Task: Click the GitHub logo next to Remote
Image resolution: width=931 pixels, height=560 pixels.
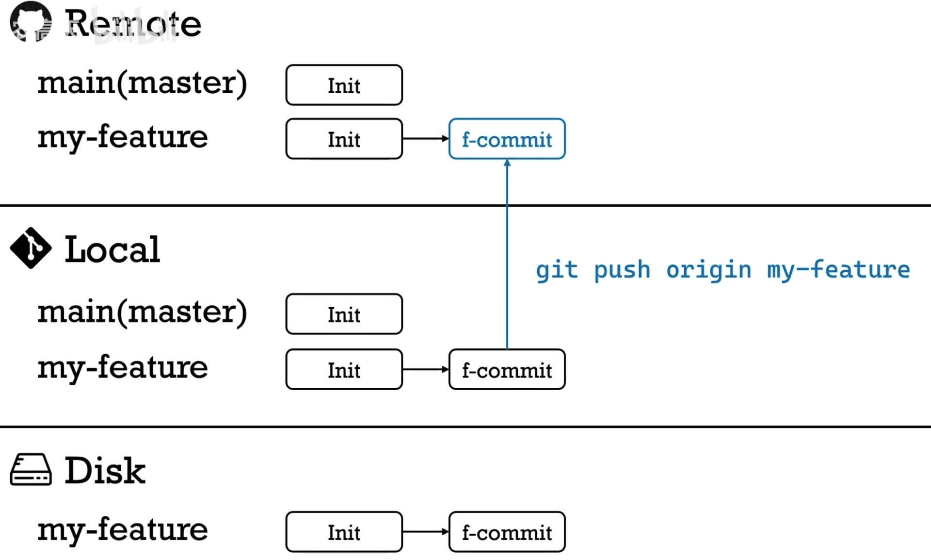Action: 31,22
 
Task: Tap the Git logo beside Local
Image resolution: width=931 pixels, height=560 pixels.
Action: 31,248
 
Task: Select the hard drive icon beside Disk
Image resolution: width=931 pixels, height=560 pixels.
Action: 31,470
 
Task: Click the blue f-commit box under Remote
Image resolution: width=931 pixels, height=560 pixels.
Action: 507,139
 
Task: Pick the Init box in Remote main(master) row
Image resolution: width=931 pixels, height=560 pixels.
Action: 344,85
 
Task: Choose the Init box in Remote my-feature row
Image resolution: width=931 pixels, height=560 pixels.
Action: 344,139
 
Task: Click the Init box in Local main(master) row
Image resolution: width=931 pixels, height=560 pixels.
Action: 344,314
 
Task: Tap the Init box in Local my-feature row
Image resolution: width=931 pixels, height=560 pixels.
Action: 344,369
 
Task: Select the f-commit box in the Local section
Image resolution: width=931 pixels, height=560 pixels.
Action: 507,369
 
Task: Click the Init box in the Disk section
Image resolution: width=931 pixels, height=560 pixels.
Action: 344,532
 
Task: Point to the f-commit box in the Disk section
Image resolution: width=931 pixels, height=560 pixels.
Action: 507,532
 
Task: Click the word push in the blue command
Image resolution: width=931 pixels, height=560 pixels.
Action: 622,270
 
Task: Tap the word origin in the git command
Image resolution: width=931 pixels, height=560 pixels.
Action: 708,270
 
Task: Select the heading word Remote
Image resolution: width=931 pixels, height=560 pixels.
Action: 133,23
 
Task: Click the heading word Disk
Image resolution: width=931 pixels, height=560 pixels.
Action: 105,471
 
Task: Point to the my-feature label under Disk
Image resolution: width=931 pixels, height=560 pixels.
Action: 123,529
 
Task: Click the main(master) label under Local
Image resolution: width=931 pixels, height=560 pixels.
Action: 142,312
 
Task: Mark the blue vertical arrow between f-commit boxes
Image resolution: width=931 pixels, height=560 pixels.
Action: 507,252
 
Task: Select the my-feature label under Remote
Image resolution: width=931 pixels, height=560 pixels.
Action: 123,137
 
